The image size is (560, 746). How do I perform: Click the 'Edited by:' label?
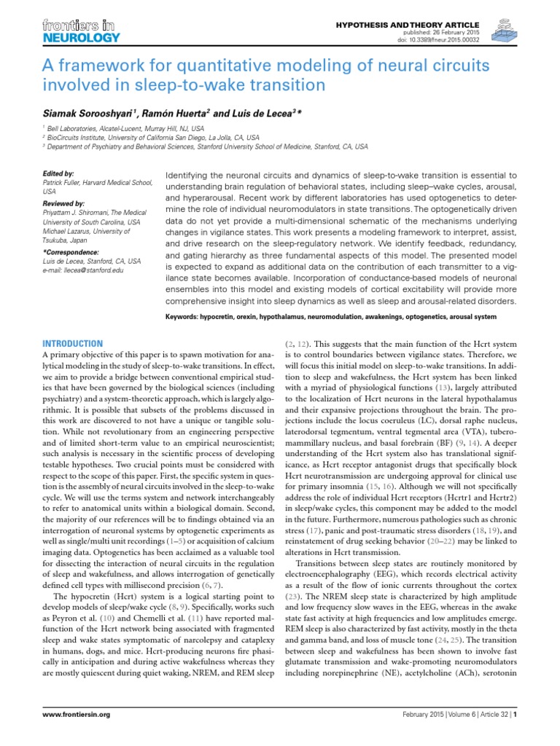coord(59,174)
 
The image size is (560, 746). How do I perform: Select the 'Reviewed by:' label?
coord(64,203)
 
